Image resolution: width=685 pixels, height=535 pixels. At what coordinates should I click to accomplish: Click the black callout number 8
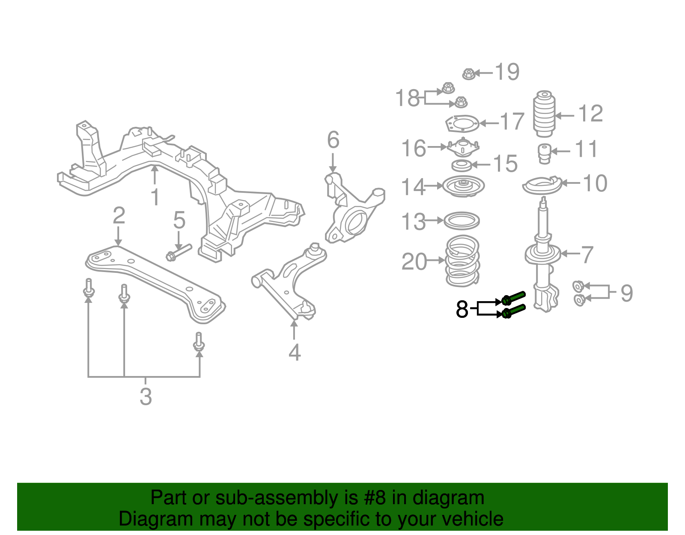[x=462, y=309]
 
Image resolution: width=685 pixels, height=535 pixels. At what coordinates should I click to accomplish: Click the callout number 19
[x=507, y=72]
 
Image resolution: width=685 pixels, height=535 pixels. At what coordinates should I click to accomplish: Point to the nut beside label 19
[x=468, y=74]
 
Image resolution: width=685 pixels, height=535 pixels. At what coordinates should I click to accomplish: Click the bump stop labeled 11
[x=544, y=153]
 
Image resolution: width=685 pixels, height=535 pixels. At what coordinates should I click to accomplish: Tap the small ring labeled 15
[x=462, y=165]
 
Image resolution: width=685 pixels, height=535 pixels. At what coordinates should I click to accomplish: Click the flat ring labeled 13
[x=462, y=221]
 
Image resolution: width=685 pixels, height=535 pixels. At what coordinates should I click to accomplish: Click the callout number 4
[x=295, y=353]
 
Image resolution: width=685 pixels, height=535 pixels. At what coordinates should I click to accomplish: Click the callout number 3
[x=146, y=397]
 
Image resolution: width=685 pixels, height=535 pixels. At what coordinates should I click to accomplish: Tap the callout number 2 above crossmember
[x=119, y=215]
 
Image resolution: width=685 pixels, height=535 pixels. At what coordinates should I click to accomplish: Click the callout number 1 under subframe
[x=155, y=197]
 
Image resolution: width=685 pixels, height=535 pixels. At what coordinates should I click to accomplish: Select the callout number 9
[x=626, y=293]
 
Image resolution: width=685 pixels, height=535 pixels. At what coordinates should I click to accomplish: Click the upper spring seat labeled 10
[x=542, y=186]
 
